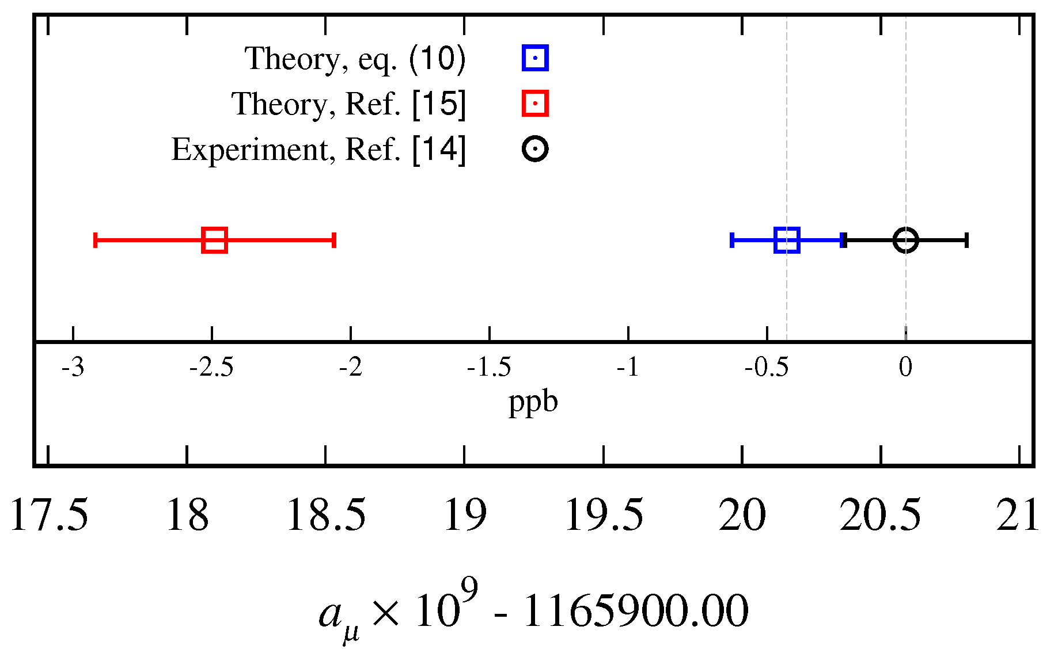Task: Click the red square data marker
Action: pos(215,240)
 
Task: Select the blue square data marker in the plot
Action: pos(787,240)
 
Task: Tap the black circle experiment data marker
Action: pos(905,240)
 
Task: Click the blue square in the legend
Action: pos(535,58)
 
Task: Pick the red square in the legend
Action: pos(535,104)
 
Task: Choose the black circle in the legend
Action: pos(535,149)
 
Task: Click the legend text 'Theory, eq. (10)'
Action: pos(355,59)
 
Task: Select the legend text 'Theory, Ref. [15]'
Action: pos(348,104)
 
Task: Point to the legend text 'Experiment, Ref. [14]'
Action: pos(318,150)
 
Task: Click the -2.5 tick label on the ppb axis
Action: pos(211,367)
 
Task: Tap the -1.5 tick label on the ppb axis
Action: pos(489,367)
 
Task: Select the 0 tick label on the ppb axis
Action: pos(905,367)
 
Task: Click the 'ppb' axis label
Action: pos(533,402)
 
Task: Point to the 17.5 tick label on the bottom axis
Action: pos(49,515)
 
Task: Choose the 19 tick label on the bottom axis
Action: pos(465,515)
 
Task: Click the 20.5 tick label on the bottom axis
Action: pos(881,515)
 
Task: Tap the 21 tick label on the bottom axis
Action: pos(1018,515)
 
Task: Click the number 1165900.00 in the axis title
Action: pos(635,611)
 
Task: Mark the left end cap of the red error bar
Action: pos(95,240)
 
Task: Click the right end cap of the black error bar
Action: pos(966,240)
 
